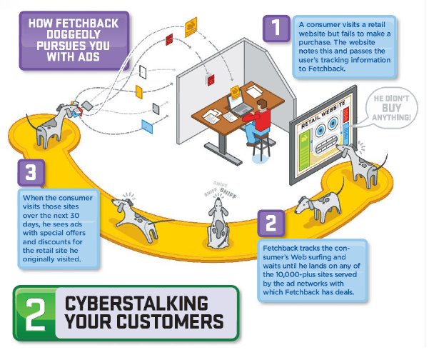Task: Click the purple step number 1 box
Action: coord(276,28)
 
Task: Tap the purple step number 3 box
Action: coord(31,172)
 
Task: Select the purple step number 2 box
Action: coord(271,223)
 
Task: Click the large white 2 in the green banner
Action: coord(35,314)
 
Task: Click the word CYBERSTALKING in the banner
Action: coord(136,303)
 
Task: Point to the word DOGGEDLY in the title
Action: coord(74,34)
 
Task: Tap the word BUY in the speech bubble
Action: coord(391,108)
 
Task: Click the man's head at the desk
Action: coord(262,104)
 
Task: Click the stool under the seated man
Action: coord(261,146)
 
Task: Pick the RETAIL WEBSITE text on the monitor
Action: coord(323,115)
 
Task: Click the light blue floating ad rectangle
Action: coord(147,126)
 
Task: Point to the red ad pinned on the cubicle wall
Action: coord(211,81)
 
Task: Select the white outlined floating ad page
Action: coord(143,71)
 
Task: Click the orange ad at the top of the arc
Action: coord(191,27)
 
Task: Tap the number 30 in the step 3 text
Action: coord(74,216)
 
